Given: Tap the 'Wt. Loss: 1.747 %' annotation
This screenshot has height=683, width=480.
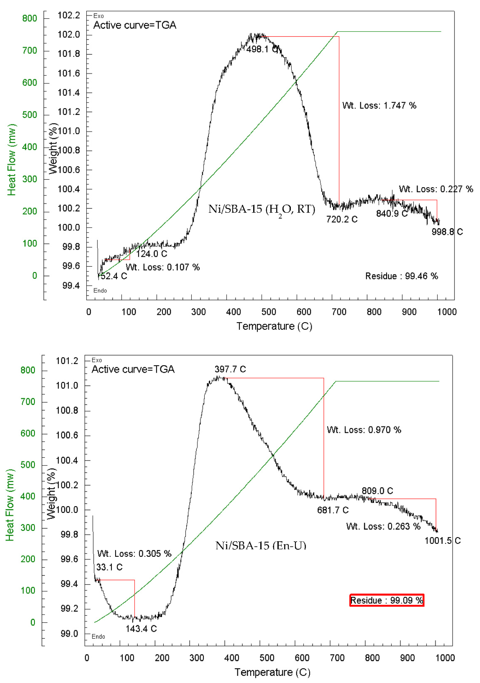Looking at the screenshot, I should pyautogui.click(x=379, y=106).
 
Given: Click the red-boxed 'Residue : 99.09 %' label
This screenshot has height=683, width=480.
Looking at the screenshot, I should pyautogui.click(x=386, y=600).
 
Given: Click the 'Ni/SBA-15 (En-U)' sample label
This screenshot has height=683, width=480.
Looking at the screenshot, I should pyautogui.click(x=261, y=546).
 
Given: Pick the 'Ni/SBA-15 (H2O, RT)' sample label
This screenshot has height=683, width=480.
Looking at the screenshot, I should pyautogui.click(x=262, y=209).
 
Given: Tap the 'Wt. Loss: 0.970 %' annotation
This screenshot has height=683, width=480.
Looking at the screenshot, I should pyautogui.click(x=364, y=430).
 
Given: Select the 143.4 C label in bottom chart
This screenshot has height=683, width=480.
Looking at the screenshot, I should pyautogui.click(x=141, y=629).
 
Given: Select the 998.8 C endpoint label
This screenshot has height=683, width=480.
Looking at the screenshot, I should pyautogui.click(x=447, y=232).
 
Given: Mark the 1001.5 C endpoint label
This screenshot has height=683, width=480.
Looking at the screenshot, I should pyautogui.click(x=442, y=541).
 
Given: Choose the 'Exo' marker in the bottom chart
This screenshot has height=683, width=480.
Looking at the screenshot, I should pyautogui.click(x=97, y=360).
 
